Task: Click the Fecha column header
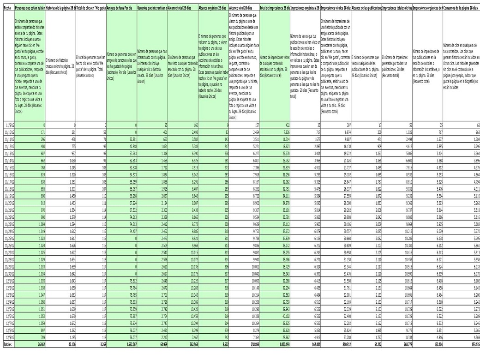click(7, 9)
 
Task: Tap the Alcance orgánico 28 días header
click(212, 9)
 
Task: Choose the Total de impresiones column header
click(274, 9)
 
